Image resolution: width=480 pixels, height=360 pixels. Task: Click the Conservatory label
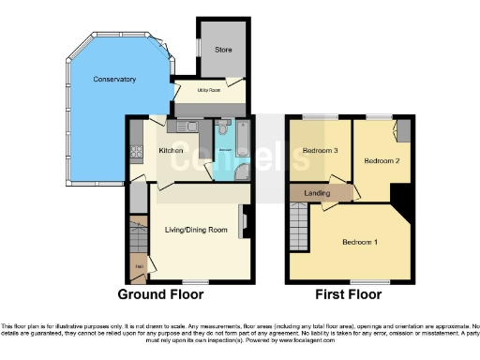tap(114, 80)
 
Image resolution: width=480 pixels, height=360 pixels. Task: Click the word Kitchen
tap(171, 150)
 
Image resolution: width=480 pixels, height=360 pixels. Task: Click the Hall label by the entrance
tap(139, 267)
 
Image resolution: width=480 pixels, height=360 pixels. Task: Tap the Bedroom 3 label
tap(320, 150)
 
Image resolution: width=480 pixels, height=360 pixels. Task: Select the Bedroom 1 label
tap(360, 243)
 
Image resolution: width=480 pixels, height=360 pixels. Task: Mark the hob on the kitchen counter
tap(136, 150)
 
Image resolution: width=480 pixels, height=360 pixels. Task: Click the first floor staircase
tap(299, 228)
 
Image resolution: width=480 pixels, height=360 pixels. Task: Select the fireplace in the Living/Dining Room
tap(244, 222)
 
